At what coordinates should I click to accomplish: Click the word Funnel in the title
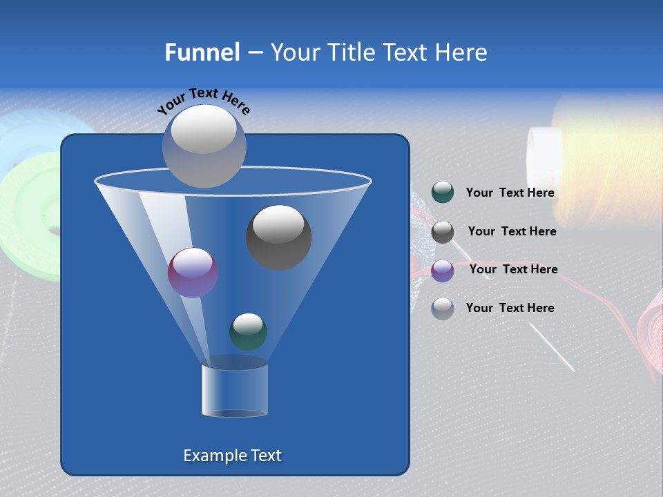[202, 52]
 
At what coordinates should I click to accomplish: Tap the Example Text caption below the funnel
[232, 456]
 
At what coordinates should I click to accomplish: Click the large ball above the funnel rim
[204, 146]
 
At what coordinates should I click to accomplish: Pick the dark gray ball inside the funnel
[278, 237]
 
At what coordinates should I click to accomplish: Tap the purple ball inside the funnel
[193, 273]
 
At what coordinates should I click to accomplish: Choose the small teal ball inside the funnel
[248, 332]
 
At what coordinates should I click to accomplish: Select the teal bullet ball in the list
[443, 193]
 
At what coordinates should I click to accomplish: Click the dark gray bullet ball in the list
[443, 232]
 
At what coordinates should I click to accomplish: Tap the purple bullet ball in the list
[443, 271]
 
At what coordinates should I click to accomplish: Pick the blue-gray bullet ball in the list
[443, 309]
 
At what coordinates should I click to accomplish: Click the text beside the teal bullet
[510, 193]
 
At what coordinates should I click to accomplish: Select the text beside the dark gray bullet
[512, 232]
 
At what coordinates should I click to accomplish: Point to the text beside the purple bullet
[513, 270]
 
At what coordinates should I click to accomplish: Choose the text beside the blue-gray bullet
[510, 309]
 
